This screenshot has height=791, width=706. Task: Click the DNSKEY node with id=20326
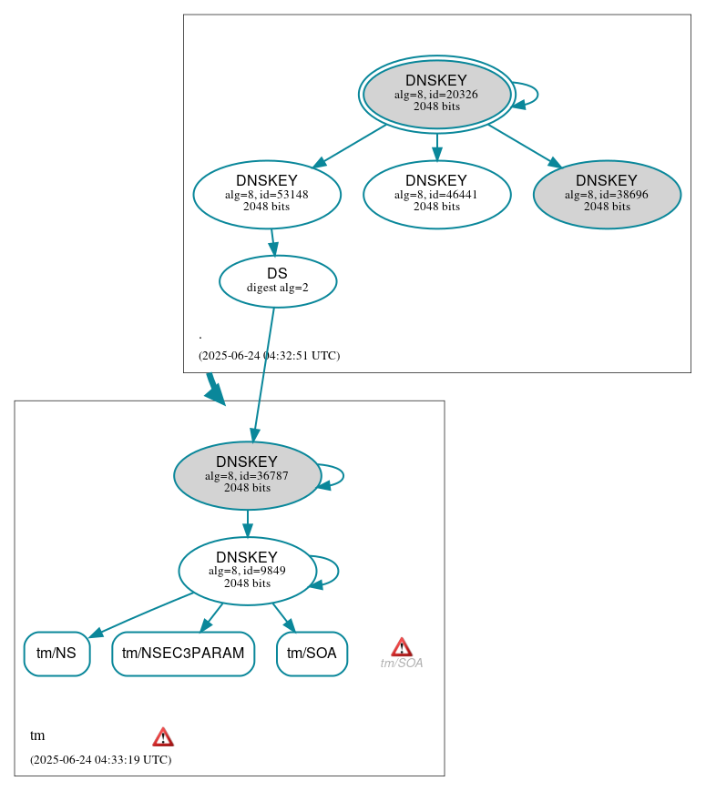pyautogui.click(x=436, y=94)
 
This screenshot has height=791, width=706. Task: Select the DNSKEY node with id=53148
pyautogui.click(x=267, y=194)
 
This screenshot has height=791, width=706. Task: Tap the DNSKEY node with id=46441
pyautogui.click(x=436, y=194)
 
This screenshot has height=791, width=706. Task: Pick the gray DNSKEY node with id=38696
pyautogui.click(x=607, y=194)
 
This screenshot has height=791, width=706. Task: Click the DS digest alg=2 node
pyautogui.click(x=278, y=281)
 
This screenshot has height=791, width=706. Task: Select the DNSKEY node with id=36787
pyautogui.click(x=247, y=475)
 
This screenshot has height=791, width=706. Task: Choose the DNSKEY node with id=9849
pyautogui.click(x=247, y=571)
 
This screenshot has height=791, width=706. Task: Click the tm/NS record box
pyautogui.click(x=56, y=654)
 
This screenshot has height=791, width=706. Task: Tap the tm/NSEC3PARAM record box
pyautogui.click(x=183, y=654)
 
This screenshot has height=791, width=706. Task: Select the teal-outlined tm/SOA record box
pyautogui.click(x=312, y=654)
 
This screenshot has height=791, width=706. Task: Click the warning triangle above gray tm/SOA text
pyautogui.click(x=402, y=647)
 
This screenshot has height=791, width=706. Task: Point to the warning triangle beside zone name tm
pyautogui.click(x=163, y=736)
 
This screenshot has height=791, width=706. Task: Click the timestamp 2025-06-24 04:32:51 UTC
pyautogui.click(x=269, y=356)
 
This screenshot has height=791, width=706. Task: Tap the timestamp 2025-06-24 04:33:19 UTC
pyautogui.click(x=100, y=760)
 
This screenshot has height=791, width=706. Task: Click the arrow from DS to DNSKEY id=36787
pyautogui.click(x=262, y=374)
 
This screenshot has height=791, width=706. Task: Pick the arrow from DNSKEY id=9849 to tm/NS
pyautogui.click(x=141, y=614)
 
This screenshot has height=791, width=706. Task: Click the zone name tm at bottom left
pyautogui.click(x=37, y=735)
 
